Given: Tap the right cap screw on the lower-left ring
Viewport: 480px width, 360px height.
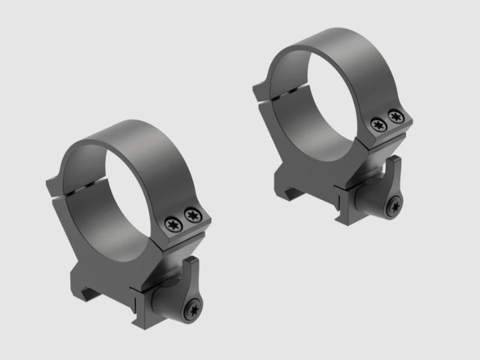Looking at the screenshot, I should (x=192, y=214).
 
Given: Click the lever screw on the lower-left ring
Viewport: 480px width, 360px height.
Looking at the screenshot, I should (x=193, y=310).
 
